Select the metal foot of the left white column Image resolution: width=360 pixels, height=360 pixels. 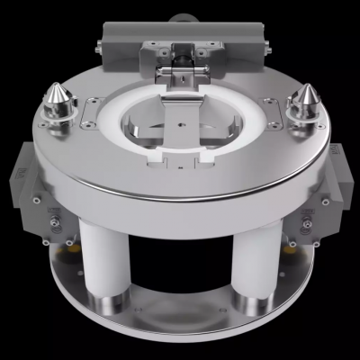[x=96, y=300]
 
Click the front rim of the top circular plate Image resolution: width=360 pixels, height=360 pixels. [x=180, y=202]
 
